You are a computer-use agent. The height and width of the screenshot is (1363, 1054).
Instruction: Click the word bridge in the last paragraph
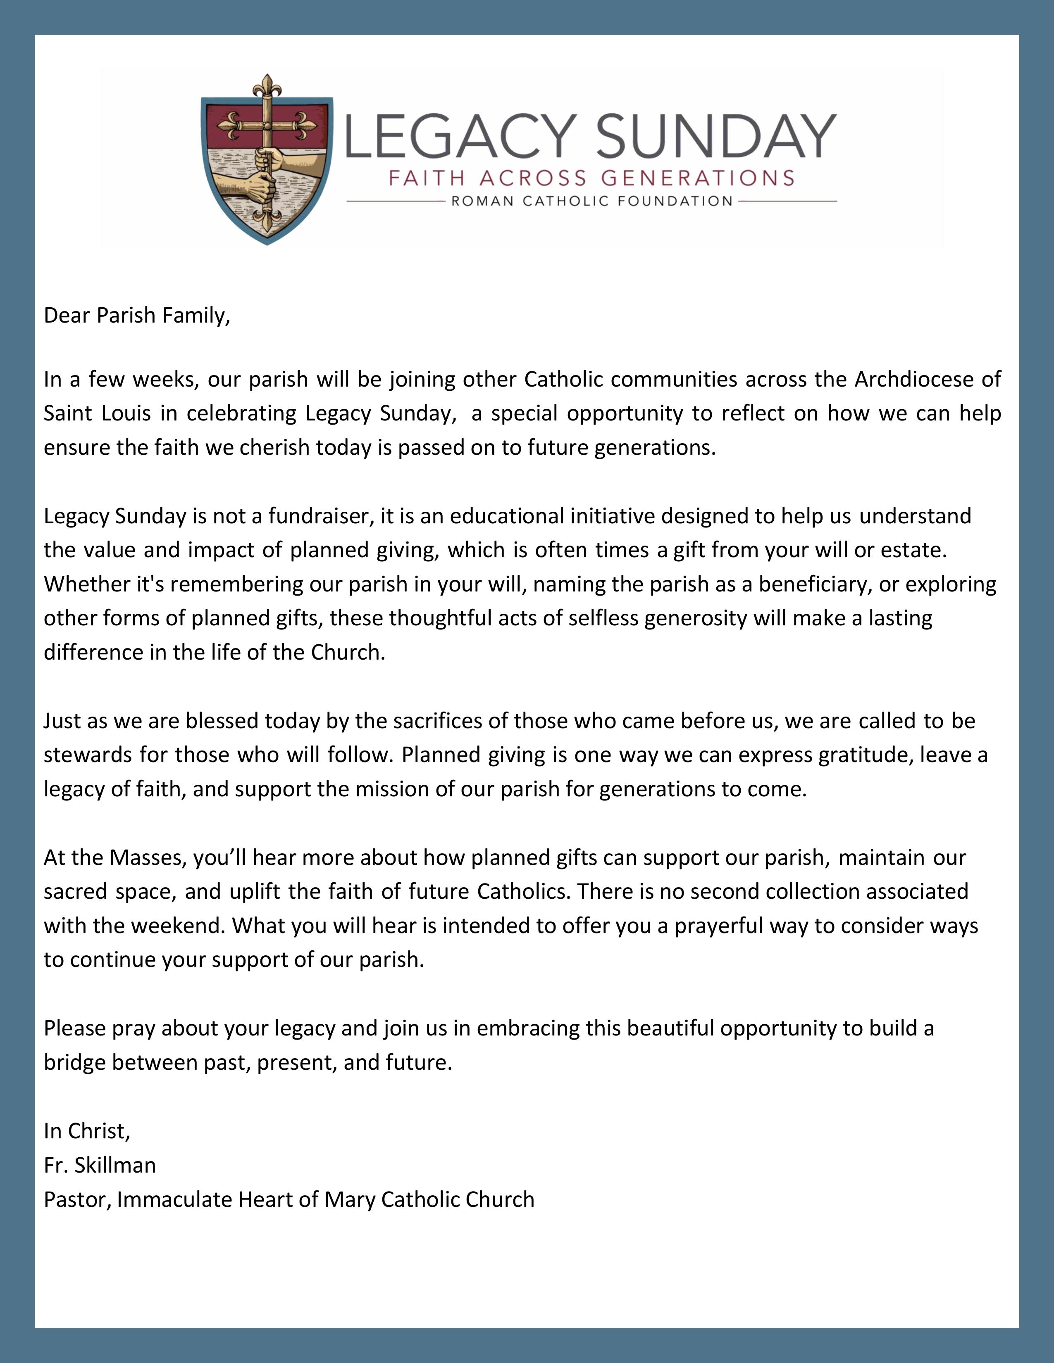coord(74,1063)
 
